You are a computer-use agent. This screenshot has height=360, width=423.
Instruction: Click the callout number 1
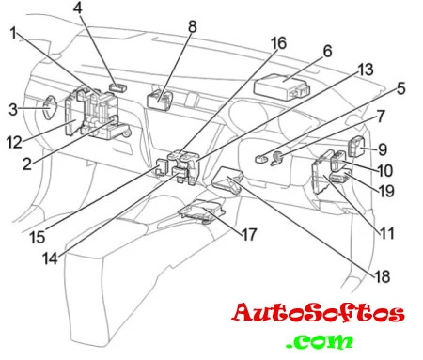[x=13, y=33]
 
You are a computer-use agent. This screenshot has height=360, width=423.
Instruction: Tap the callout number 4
[x=78, y=8]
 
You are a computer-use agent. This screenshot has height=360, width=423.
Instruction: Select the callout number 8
[x=193, y=26]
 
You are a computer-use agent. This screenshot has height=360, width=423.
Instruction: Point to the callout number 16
[x=278, y=43]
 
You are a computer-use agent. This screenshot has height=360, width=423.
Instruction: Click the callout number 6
[x=327, y=51]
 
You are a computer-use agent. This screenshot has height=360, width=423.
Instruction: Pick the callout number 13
[x=366, y=70]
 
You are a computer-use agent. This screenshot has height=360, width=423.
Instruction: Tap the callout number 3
[x=13, y=110]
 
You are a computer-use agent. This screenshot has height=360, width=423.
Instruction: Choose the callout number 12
[x=14, y=143]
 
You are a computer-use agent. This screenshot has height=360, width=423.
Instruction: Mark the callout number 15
[x=38, y=237]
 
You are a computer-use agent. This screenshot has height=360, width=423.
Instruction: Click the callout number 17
[x=249, y=234]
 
